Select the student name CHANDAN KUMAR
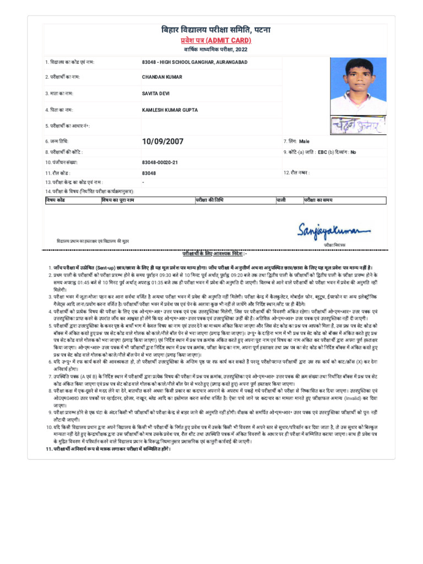(162, 77)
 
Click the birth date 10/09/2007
(162, 142)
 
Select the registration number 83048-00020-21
(160, 162)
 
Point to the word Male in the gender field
(305, 142)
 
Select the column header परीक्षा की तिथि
(210, 199)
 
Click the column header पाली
(281, 199)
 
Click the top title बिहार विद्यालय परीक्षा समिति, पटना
(216, 29)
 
